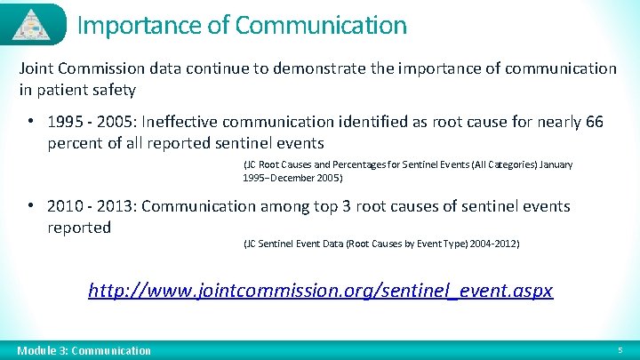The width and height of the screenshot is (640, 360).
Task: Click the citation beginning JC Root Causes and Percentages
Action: click(x=407, y=171)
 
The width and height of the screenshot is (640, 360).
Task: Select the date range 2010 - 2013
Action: click(x=92, y=206)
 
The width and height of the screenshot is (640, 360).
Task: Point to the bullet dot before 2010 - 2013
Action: click(x=30, y=205)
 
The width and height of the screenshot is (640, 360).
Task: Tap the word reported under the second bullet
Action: click(x=79, y=227)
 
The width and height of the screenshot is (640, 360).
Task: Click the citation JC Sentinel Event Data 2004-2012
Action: click(x=380, y=244)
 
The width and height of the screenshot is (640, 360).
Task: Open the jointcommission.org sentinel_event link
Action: click(x=321, y=290)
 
